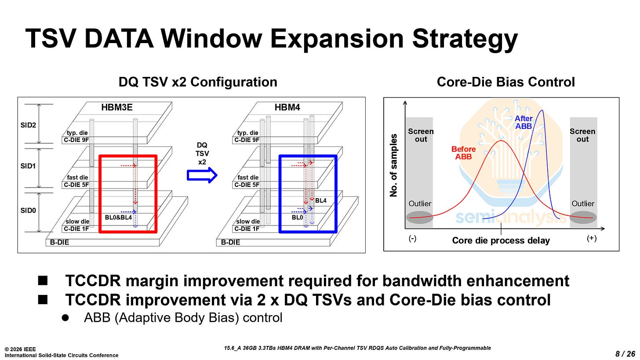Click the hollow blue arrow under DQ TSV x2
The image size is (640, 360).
202,175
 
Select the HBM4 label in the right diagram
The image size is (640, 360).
287,107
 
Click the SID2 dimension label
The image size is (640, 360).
28,125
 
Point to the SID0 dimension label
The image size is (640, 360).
28,210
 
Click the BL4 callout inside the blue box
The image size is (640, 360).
321,200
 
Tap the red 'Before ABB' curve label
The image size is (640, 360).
463,153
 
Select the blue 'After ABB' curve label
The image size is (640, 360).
524,122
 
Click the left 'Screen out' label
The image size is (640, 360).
420,135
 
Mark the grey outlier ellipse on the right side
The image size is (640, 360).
583,217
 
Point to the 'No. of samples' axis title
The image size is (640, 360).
394,165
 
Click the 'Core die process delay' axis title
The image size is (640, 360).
501,240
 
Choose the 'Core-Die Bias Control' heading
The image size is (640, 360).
505,82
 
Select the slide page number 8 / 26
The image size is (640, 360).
625,353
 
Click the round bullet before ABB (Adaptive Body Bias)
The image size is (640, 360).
64,317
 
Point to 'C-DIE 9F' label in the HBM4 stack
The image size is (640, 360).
247,140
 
